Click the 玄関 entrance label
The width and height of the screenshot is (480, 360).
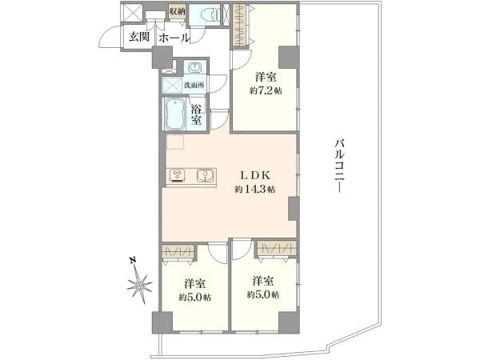[138, 37]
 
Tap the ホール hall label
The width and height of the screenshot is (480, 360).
[174, 38]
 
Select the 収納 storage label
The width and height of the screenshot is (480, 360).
[178, 12]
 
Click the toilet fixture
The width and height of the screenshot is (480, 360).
[210, 14]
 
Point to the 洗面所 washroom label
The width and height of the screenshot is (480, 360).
[194, 85]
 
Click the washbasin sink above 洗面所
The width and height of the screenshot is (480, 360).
[194, 67]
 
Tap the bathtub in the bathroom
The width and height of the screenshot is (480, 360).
[174, 114]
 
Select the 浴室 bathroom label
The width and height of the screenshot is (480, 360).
[196, 114]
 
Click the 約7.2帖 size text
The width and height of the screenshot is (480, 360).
[266, 91]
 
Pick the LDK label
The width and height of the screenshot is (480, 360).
[254, 175]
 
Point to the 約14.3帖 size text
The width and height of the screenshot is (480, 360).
[255, 190]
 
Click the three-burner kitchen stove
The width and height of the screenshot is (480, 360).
[178, 176]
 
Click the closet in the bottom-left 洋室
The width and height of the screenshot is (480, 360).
[178, 251]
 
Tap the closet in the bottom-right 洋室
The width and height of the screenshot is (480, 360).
[277, 248]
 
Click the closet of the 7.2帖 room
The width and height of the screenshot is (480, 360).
[240, 25]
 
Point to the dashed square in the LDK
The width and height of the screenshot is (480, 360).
[174, 141]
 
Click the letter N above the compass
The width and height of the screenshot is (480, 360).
[133, 261]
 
